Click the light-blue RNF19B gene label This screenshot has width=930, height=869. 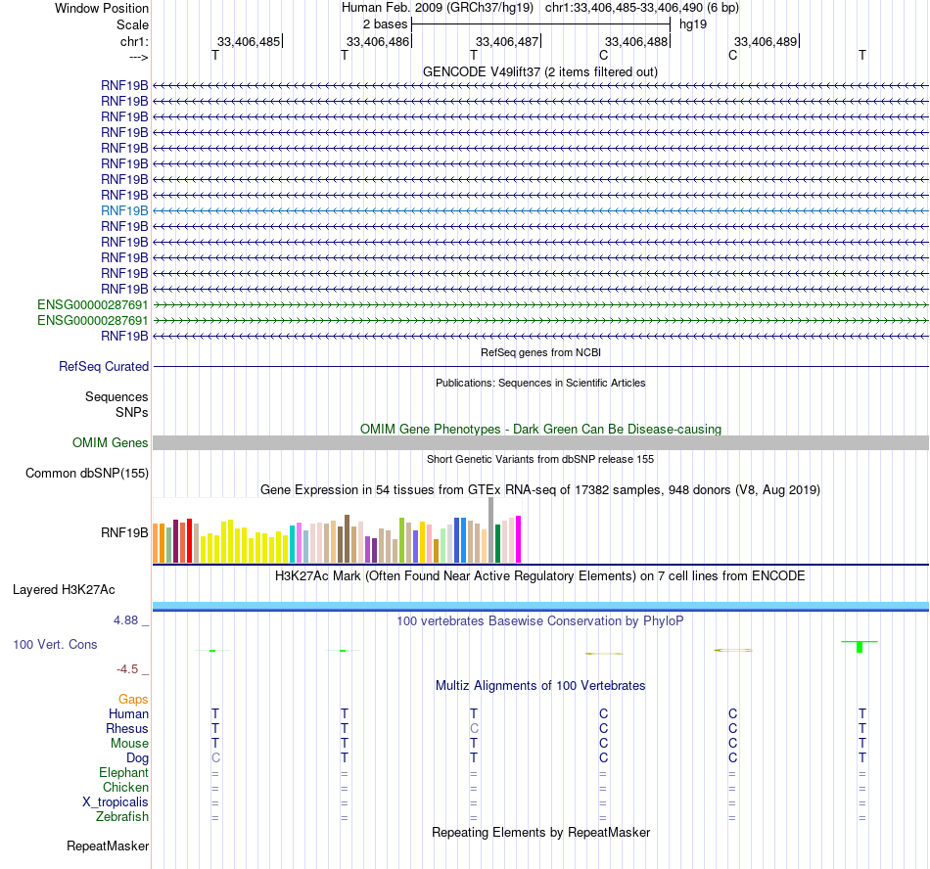coord(124,210)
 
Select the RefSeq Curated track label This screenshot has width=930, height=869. coord(104,367)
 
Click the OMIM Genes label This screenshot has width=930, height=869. coord(111,443)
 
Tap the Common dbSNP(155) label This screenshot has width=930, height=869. coord(86,474)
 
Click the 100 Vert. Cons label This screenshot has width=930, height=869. coord(55,645)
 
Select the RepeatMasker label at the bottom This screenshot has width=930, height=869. coord(108,846)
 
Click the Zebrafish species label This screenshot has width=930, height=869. coord(122,816)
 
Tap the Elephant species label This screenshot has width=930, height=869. coord(123,772)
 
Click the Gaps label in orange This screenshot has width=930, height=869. coord(133,699)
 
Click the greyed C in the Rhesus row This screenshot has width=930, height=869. coord(474,728)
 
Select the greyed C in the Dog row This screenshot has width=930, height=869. coord(215,757)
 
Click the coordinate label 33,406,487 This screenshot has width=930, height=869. coord(506,42)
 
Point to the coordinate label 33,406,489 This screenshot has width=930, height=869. coord(766,42)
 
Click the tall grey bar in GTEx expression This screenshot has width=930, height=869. coord(490,529)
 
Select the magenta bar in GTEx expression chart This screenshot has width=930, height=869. coord(519,539)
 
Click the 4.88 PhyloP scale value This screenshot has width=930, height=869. coord(131,620)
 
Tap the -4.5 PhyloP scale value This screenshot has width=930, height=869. coord(131,669)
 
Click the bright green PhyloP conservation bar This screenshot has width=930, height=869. coord(860,647)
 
